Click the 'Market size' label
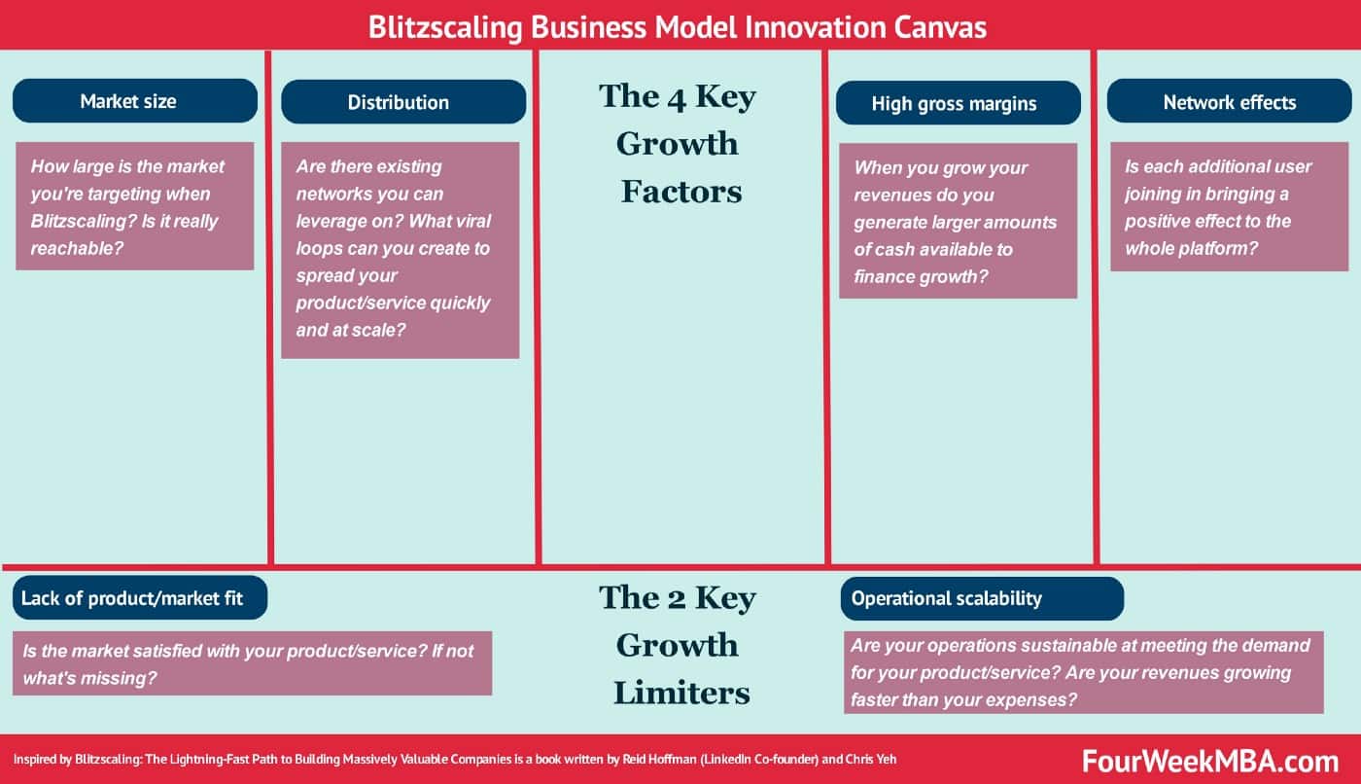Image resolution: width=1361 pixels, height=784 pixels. pyautogui.click(x=134, y=101)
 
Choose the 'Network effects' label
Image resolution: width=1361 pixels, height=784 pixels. pyautogui.click(x=1229, y=102)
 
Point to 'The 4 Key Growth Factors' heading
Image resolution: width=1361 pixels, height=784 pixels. pyautogui.click(x=679, y=143)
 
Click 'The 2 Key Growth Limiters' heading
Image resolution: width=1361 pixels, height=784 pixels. pyautogui.click(x=679, y=644)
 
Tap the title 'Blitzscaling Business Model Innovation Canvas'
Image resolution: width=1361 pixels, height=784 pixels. pyautogui.click(x=678, y=26)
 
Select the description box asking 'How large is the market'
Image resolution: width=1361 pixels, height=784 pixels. pyautogui.click(x=134, y=206)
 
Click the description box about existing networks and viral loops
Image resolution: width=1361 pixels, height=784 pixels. pyautogui.click(x=400, y=249)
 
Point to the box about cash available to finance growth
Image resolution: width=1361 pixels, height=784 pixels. pyautogui.click(x=958, y=222)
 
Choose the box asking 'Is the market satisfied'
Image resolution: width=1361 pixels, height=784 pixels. pyautogui.click(x=252, y=663)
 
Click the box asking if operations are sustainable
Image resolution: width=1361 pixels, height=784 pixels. pyautogui.click(x=1083, y=672)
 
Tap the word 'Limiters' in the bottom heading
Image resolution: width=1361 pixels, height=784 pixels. pyautogui.click(x=681, y=693)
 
